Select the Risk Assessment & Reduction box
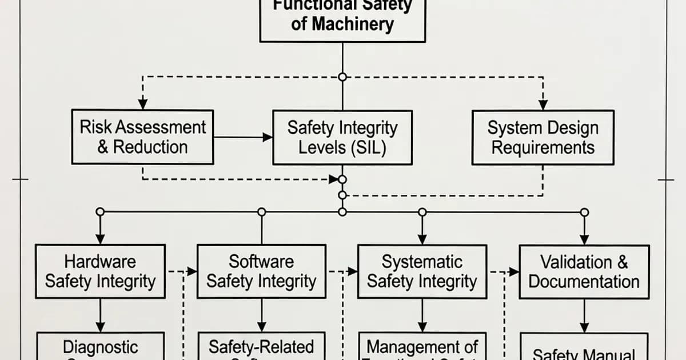(142, 137)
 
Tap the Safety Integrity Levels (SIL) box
(342, 137)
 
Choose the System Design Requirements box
(543, 137)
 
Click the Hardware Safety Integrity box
(100, 271)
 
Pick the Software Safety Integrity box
(261, 271)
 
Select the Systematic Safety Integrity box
(422, 271)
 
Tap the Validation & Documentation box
(584, 271)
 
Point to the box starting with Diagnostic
(100, 347)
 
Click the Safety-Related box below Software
(261, 347)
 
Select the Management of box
(422, 347)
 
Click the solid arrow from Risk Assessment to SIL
(243, 137)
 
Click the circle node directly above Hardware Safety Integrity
(100, 212)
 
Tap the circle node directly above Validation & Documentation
(584, 212)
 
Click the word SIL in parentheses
(368, 147)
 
